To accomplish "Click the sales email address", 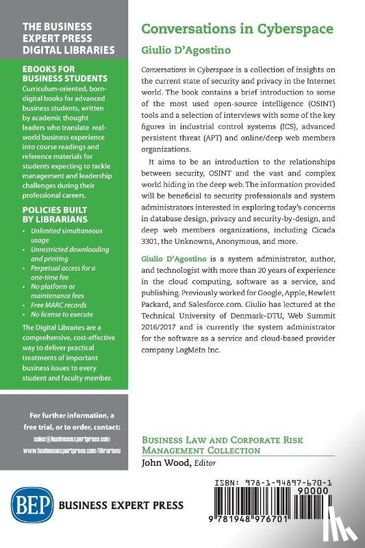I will tap(66, 438).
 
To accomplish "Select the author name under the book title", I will tap(177, 49).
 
